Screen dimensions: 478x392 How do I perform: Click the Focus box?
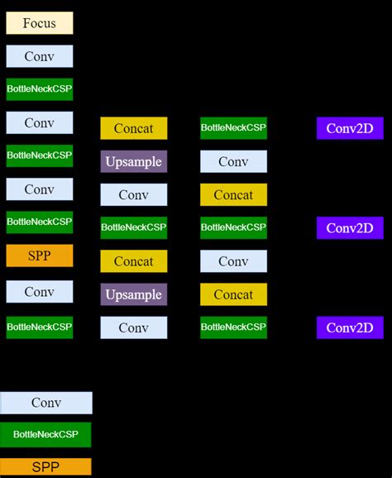pos(40,23)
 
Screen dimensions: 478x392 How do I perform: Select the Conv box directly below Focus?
pos(40,56)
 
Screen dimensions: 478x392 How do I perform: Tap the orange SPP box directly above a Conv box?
pos(40,256)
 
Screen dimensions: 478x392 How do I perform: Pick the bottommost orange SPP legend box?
pos(45,467)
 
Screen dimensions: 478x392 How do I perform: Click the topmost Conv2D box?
pos(350,128)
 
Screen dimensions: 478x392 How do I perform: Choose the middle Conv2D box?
pos(350,227)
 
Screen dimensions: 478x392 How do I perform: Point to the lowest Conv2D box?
pos(350,327)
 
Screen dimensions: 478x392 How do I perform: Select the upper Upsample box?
pos(134,161)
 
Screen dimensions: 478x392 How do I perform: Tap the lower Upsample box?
pos(134,294)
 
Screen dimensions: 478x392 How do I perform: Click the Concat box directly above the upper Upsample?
pos(134,128)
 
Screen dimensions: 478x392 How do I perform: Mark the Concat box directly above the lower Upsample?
pos(134,261)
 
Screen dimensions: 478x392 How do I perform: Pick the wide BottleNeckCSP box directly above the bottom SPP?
pos(45,434)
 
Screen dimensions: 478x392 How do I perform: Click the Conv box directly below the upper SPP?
pos(40,291)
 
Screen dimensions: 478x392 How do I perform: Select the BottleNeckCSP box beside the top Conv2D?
pos(233,128)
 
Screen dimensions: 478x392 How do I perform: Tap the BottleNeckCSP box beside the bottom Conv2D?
pos(233,327)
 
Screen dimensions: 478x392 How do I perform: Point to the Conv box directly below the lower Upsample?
pos(134,327)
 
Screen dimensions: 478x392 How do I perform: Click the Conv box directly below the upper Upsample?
pos(134,194)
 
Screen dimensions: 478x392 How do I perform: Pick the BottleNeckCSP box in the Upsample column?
pos(134,227)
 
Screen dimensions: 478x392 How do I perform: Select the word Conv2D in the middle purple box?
pos(350,227)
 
